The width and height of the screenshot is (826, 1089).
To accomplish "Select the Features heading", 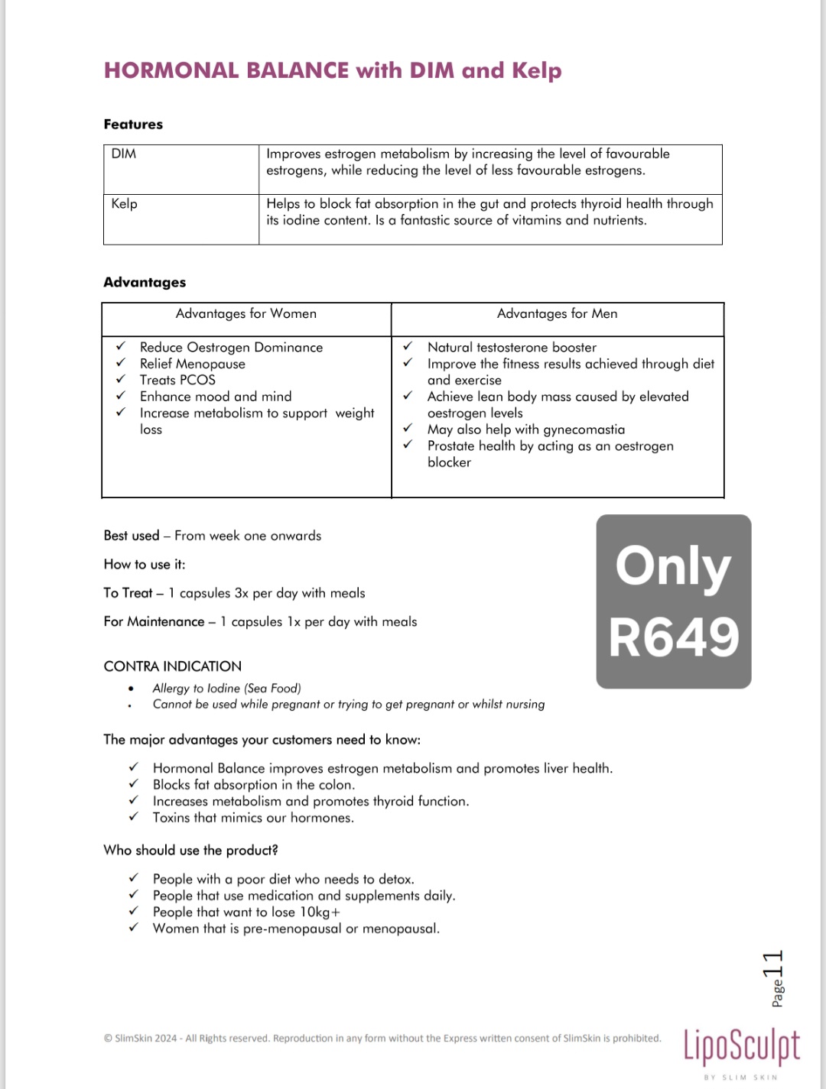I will click(x=133, y=124).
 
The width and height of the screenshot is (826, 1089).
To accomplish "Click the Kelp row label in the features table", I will click(x=124, y=203).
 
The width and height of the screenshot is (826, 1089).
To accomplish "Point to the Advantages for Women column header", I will click(x=246, y=313).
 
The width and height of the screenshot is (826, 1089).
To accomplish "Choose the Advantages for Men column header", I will click(x=557, y=313).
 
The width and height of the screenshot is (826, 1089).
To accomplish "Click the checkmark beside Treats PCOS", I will click(x=121, y=379).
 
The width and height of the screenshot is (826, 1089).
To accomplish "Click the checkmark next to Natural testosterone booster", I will click(x=408, y=346).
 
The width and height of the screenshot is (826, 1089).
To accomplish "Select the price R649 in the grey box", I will click(x=674, y=637).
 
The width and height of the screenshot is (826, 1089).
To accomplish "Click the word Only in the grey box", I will click(x=673, y=567).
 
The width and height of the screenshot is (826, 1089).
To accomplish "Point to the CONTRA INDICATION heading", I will click(x=172, y=666).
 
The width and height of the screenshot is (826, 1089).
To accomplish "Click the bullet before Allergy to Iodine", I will click(x=131, y=689).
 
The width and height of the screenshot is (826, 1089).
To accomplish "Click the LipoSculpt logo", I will click(x=741, y=1046).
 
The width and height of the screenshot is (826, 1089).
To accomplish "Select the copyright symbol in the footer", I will click(x=108, y=1039).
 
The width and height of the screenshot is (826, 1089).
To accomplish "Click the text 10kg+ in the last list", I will click(x=320, y=912).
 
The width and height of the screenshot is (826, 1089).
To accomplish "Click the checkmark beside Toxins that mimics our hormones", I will click(x=134, y=817).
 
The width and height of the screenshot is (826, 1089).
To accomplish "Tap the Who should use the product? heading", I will click(x=190, y=850).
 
